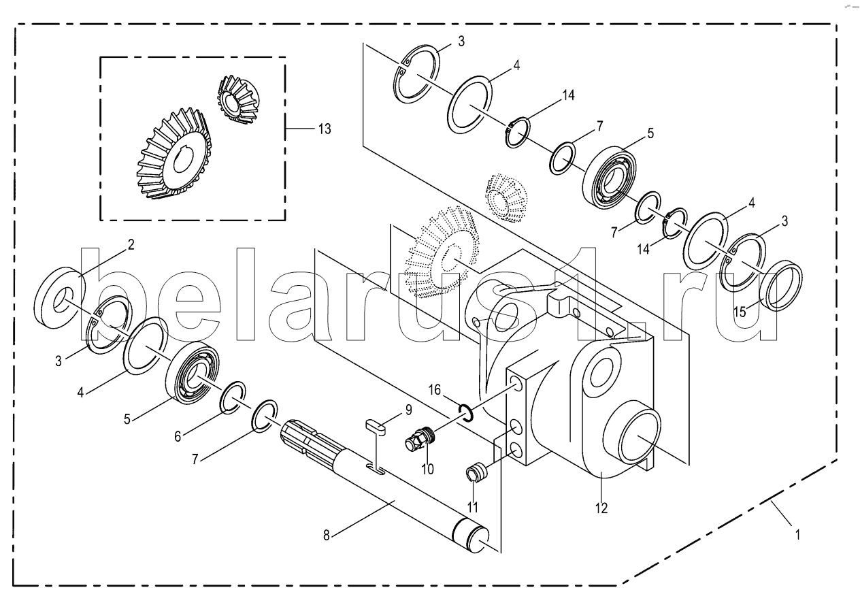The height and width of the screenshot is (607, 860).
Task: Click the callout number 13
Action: point(325,129)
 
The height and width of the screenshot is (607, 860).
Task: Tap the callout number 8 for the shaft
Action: point(327,536)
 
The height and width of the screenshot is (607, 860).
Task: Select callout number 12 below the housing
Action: point(601,508)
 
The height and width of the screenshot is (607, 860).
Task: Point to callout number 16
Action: point(435,390)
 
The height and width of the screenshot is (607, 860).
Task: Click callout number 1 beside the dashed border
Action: point(797,534)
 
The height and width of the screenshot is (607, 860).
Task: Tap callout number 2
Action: point(131,244)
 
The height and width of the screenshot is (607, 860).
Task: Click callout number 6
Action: point(178,436)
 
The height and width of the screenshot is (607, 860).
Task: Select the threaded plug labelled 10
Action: point(420,438)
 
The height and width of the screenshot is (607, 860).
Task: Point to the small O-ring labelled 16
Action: point(465,412)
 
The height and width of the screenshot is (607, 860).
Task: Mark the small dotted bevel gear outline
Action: point(506,199)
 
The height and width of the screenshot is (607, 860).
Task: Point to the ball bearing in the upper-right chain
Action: point(610,177)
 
